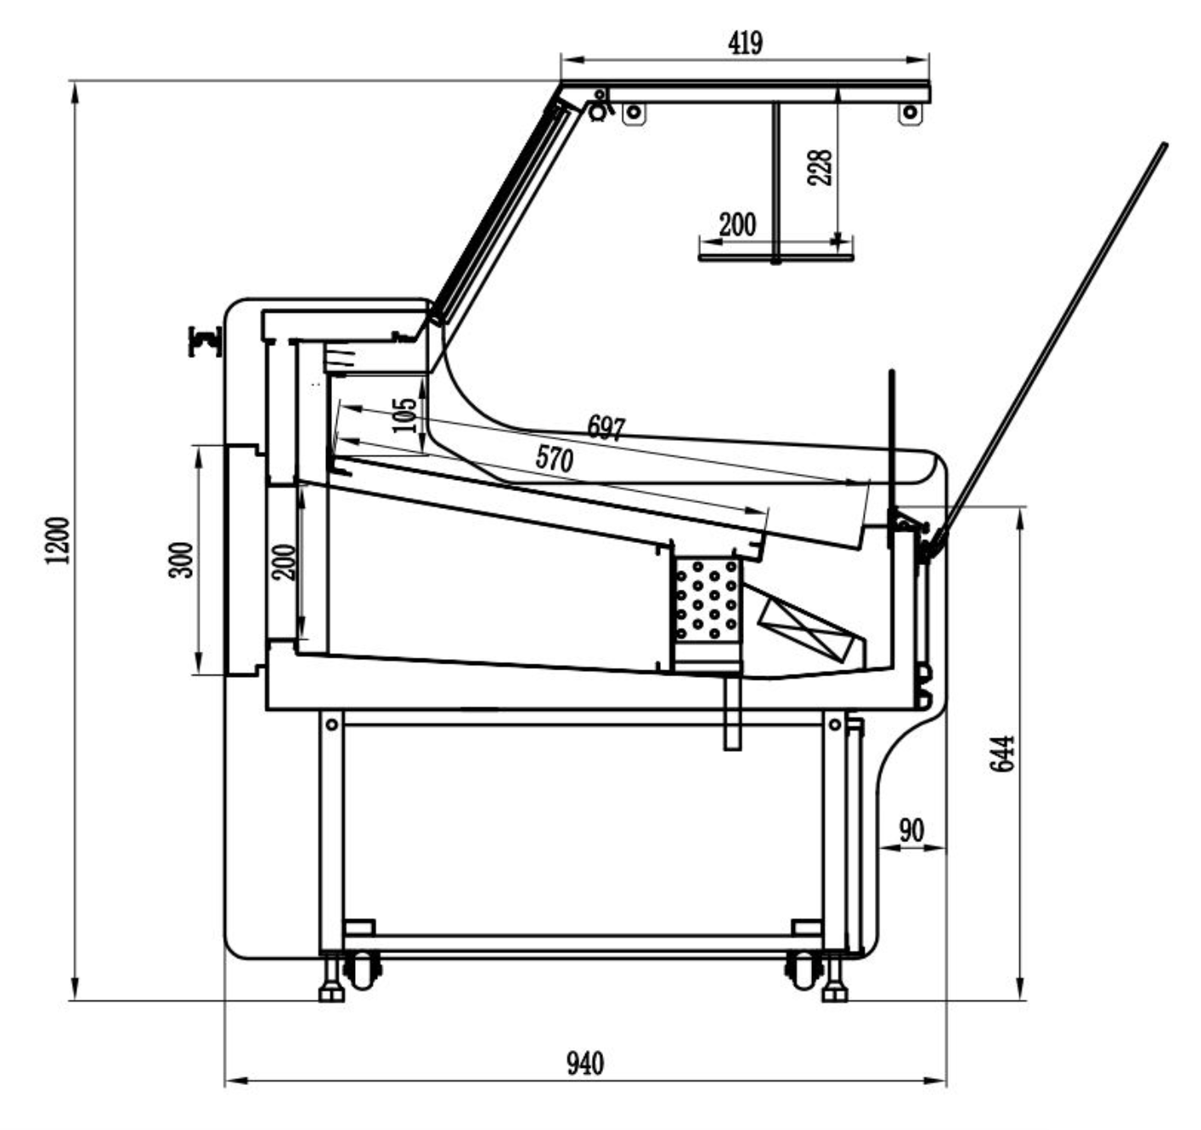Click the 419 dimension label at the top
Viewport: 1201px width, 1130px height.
[x=745, y=43]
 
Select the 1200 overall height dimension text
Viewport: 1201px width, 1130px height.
[x=58, y=540]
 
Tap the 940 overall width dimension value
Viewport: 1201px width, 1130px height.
[x=584, y=1064]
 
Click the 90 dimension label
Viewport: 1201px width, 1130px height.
[x=911, y=831]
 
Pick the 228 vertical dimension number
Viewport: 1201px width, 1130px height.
[x=820, y=167]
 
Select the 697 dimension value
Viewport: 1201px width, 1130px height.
[x=606, y=428]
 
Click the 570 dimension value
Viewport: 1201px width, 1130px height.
[x=555, y=459]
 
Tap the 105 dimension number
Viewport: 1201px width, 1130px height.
[x=404, y=415]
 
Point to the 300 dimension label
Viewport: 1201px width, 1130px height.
[x=181, y=560]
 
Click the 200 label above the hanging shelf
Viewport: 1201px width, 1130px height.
[x=737, y=224]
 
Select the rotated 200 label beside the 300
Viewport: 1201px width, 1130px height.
[x=284, y=562]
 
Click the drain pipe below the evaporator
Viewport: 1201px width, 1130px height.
[x=732, y=713]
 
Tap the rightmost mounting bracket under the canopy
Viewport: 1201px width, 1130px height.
[x=911, y=113]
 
